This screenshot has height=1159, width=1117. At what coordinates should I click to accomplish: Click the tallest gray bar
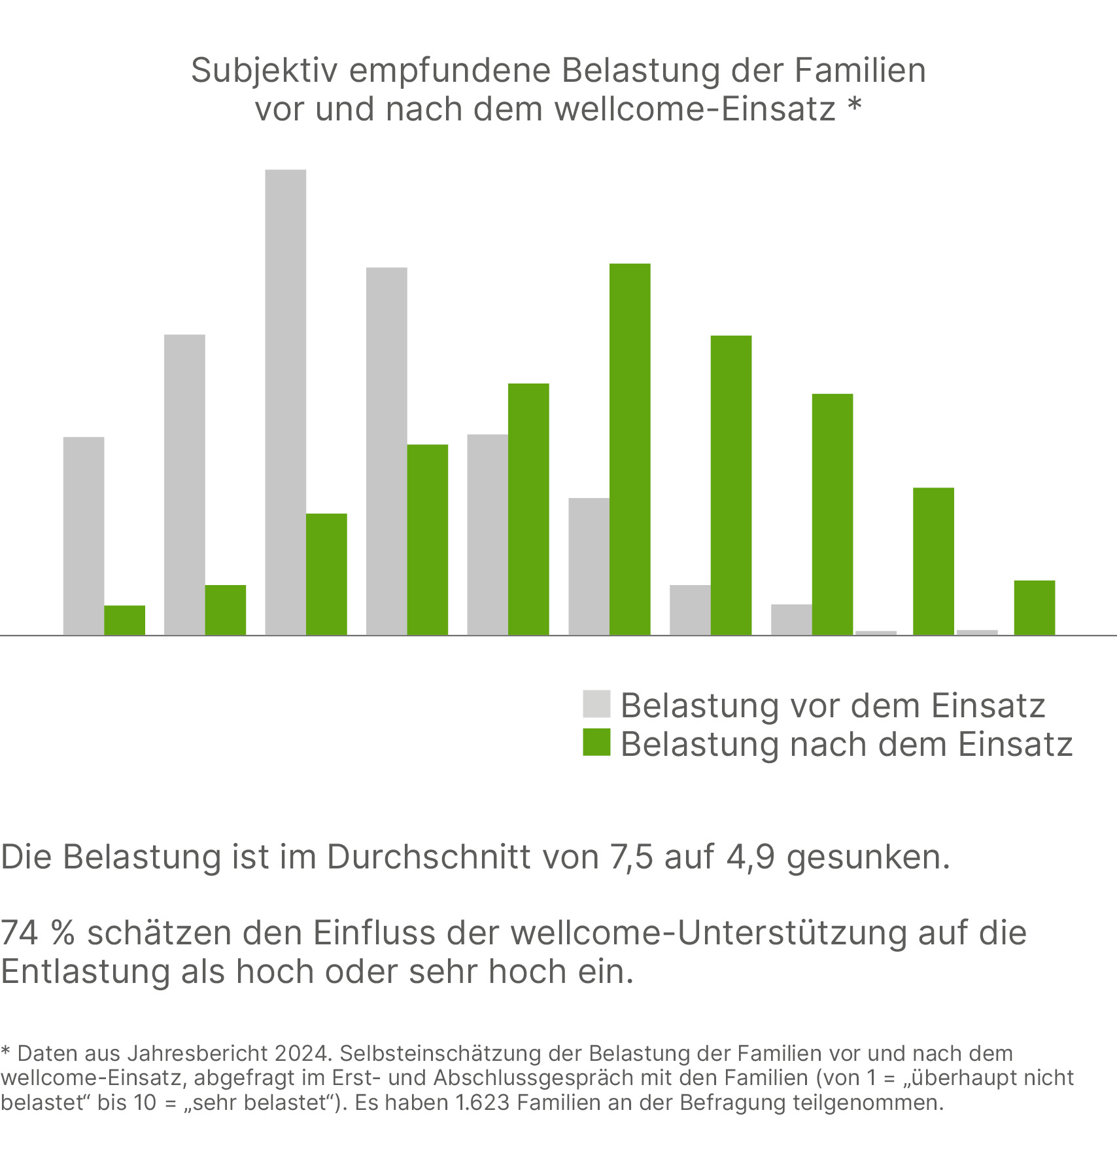coord(285,402)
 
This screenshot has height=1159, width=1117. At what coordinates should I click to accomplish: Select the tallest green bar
coord(630,449)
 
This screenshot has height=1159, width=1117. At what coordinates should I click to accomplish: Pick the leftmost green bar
coord(124,620)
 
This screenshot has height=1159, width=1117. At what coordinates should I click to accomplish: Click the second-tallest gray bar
coord(387,451)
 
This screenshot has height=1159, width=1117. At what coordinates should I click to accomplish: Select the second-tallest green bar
coord(731,485)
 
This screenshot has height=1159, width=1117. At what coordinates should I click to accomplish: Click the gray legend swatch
coord(596,704)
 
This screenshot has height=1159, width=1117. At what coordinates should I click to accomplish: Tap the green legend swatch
coord(596,742)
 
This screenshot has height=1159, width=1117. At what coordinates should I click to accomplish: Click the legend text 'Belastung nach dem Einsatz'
coord(846,744)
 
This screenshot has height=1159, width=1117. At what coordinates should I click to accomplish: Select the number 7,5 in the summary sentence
coord(631,857)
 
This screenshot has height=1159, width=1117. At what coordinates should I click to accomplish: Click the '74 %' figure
coord(37,933)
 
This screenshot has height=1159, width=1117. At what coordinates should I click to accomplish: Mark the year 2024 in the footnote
coord(301,1054)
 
